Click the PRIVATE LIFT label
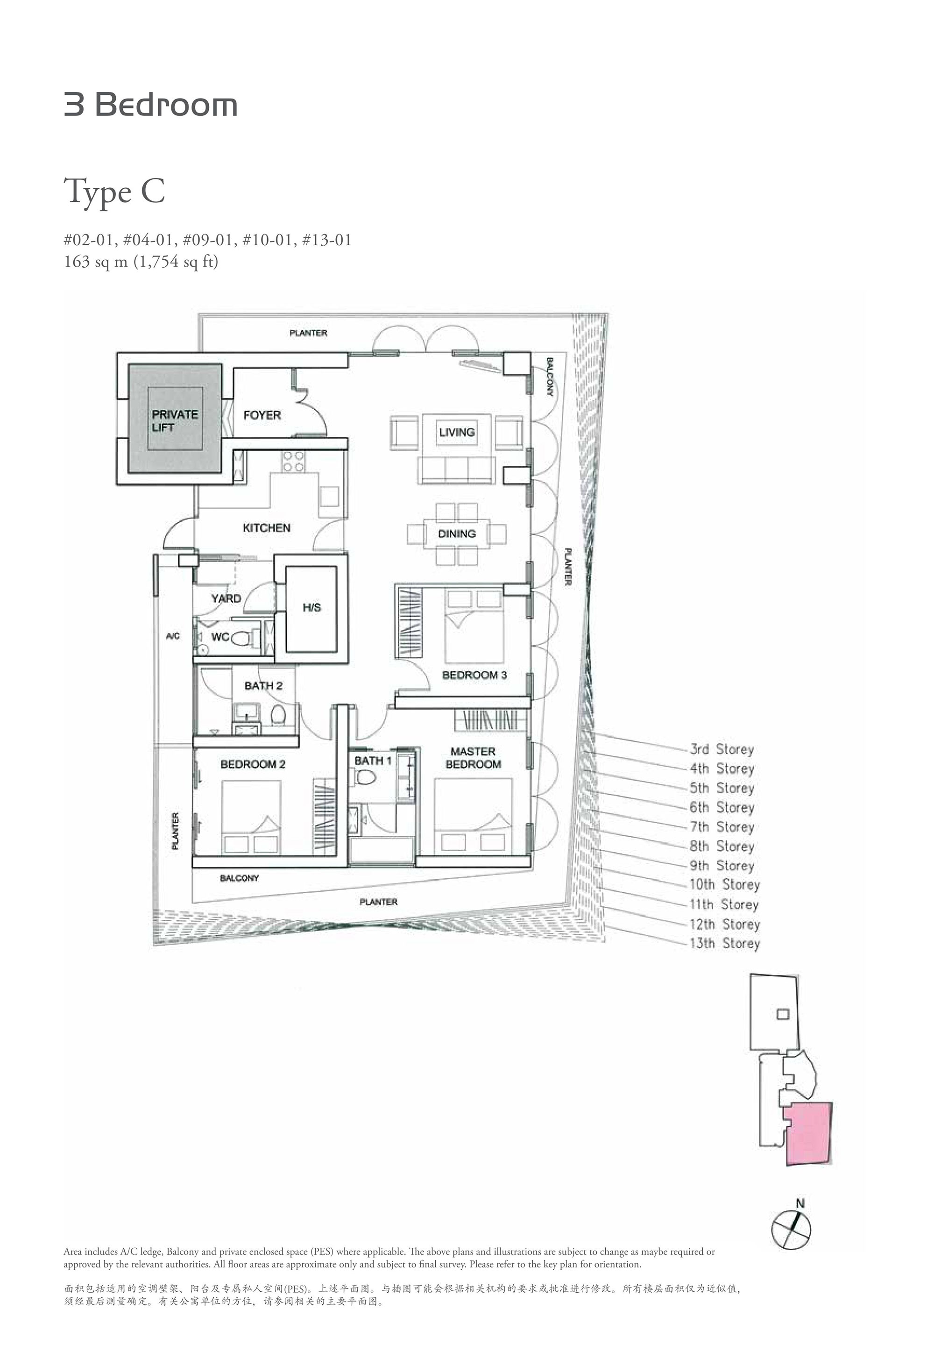pyautogui.click(x=175, y=421)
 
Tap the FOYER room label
pyautogui.click(x=262, y=415)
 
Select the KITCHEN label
pyautogui.click(x=266, y=528)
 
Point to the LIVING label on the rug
pyautogui.click(x=456, y=432)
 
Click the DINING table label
pyautogui.click(x=456, y=534)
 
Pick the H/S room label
pyautogui.click(x=311, y=607)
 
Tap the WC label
pyautogui.click(x=220, y=637)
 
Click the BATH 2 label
pyautogui.click(x=263, y=685)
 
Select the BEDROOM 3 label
pyautogui.click(x=474, y=675)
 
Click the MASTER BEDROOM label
pyautogui.click(x=474, y=758)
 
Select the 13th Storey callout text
pyautogui.click(x=724, y=944)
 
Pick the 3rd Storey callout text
pyautogui.click(x=722, y=750)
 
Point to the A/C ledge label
pyautogui.click(x=173, y=636)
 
